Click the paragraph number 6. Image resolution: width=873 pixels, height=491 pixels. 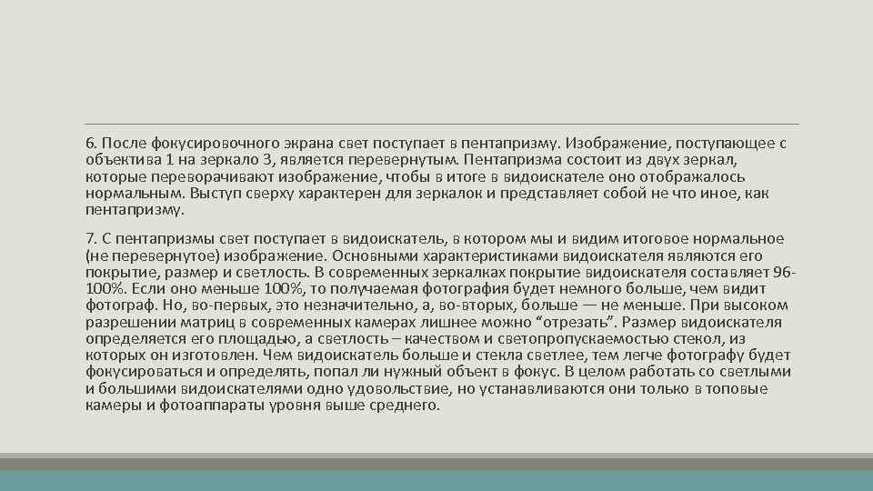click(90, 144)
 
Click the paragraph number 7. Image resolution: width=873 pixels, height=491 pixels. click(90, 238)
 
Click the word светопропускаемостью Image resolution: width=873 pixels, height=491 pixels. click(582, 338)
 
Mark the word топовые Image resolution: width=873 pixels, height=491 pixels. click(736, 389)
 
